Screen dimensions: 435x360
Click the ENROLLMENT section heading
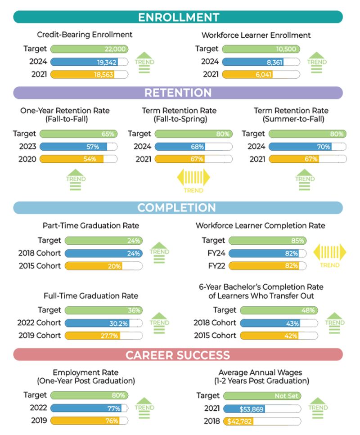(x=179, y=17)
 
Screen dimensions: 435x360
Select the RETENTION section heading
(x=178, y=93)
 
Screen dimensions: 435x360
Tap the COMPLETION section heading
(x=176, y=207)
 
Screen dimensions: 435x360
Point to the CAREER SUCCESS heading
(x=178, y=355)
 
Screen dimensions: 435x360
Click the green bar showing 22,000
(x=89, y=49)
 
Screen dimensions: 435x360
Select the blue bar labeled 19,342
(x=85, y=62)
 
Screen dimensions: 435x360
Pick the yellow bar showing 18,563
(x=83, y=75)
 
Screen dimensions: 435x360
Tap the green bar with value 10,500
(x=261, y=49)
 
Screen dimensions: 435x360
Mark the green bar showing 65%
(x=78, y=134)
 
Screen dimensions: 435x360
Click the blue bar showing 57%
(x=74, y=147)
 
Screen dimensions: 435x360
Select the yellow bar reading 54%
(x=72, y=159)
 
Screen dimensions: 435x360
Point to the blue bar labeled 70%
(x=301, y=147)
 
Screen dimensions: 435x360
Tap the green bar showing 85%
(x=268, y=241)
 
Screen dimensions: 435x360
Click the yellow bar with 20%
(x=94, y=266)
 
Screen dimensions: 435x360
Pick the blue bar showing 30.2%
(x=97, y=323)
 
